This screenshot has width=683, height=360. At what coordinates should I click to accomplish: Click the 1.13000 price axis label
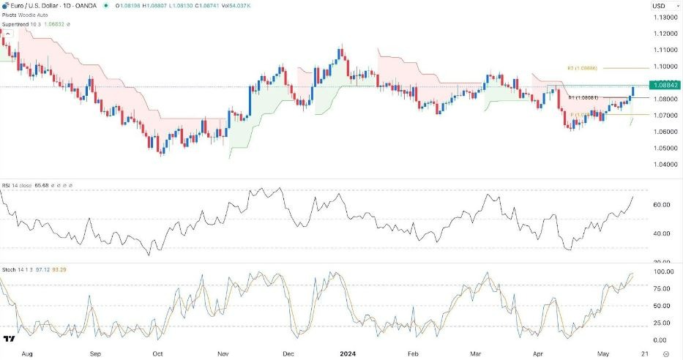(664, 17)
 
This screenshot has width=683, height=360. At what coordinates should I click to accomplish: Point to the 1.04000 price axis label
(664, 164)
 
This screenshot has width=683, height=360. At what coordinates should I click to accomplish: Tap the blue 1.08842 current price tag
(664, 86)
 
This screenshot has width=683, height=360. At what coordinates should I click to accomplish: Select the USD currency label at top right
(658, 6)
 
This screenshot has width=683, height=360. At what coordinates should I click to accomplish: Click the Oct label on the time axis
(158, 352)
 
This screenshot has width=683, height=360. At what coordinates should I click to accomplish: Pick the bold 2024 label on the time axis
(348, 352)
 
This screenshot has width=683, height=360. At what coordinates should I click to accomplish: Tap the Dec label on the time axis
(288, 352)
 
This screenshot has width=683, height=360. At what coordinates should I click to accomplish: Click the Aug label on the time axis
(27, 352)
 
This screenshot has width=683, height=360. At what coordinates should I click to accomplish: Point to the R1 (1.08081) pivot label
(583, 97)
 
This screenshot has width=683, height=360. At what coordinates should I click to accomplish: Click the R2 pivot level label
(583, 68)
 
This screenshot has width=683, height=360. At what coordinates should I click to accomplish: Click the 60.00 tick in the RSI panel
(661, 205)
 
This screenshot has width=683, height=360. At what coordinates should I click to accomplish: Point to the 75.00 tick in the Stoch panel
(661, 288)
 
